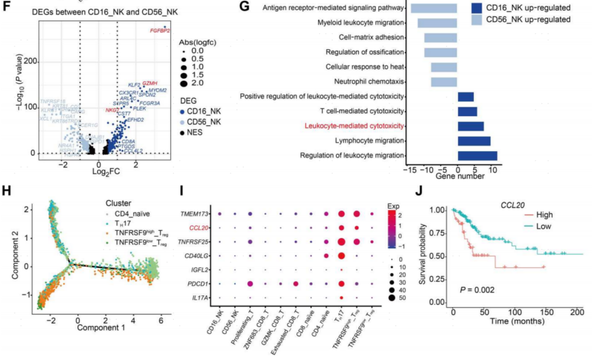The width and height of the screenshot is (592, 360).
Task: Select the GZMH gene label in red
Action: (150, 84)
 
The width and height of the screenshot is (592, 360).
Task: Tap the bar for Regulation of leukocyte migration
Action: (477, 156)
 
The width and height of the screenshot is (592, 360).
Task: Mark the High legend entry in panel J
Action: (535, 215)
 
